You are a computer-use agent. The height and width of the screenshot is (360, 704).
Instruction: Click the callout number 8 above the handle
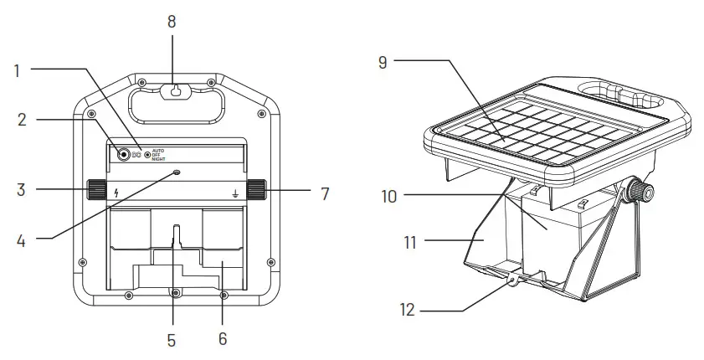click(172, 21)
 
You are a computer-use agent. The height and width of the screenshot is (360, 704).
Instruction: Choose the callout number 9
click(383, 62)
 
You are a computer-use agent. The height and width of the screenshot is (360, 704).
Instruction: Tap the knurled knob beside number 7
click(256, 189)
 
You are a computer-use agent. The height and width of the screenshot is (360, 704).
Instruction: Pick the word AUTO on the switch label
click(161, 150)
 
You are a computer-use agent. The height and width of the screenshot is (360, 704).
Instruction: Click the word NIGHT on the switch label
click(162, 159)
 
